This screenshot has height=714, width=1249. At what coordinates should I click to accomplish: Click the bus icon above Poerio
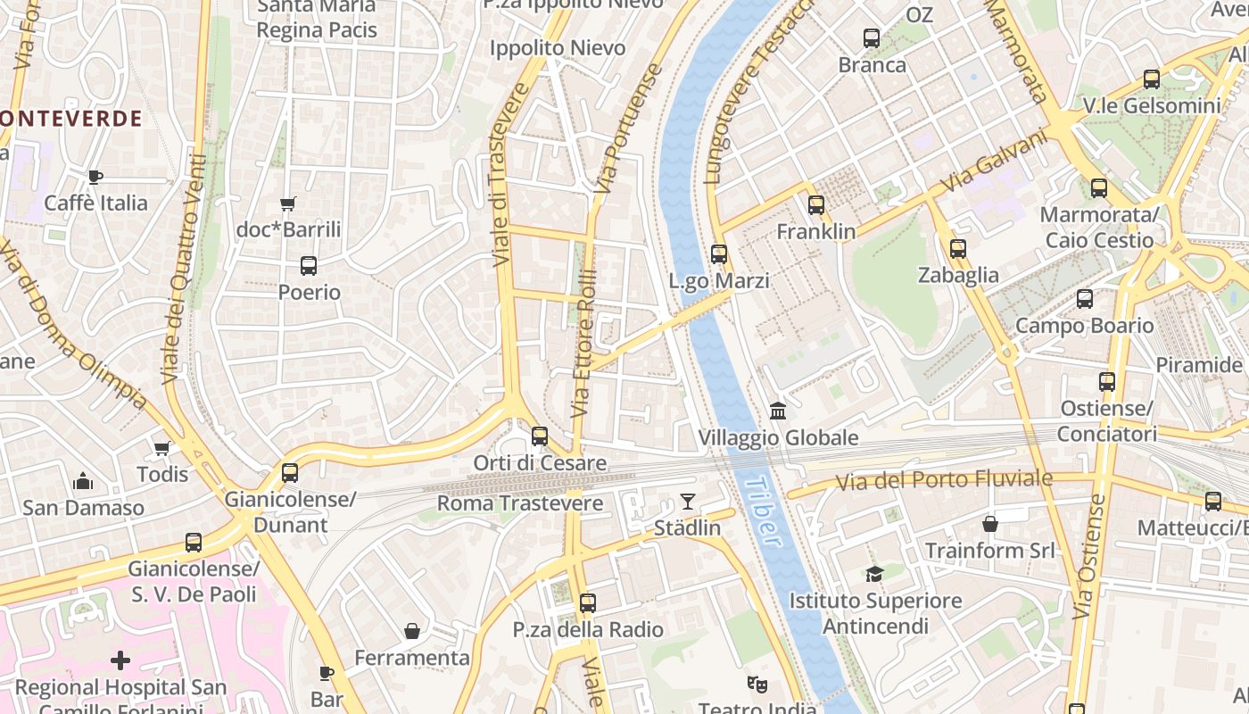309,265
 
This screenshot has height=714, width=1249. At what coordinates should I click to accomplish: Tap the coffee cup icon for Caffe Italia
95,177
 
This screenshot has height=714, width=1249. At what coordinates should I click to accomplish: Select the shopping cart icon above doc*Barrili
288,204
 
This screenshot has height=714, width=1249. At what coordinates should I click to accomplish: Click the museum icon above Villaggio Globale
778,411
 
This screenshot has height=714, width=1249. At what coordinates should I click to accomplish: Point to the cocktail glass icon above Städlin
687,502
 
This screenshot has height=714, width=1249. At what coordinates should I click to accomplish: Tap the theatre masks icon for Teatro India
757,685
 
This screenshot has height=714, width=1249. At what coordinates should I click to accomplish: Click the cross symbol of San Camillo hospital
120,660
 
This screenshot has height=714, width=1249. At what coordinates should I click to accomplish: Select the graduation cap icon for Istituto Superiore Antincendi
874,574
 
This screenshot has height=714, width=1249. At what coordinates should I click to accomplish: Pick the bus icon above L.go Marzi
719,254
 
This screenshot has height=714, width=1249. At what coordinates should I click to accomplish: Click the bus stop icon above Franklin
816,205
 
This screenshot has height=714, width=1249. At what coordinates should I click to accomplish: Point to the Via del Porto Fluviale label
944,481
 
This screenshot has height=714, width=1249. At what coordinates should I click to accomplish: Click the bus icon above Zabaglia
958,249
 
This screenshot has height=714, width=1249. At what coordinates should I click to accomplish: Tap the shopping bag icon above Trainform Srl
989,524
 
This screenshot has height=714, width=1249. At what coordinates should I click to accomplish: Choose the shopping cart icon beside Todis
161,448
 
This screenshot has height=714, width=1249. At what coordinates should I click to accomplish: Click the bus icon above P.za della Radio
587,603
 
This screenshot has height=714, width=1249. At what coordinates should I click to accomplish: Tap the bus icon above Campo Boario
1085,299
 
